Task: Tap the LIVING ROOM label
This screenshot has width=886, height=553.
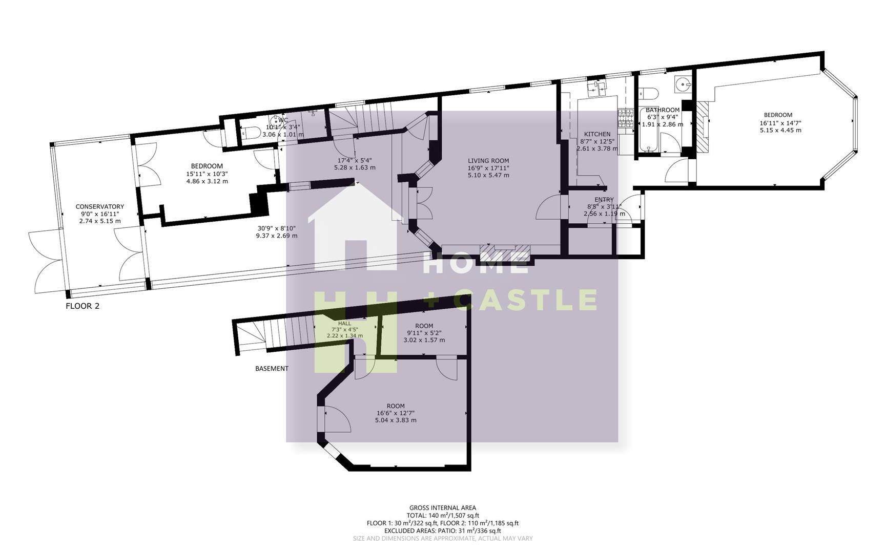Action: tap(488, 161)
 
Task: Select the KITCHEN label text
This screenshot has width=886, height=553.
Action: tap(597, 134)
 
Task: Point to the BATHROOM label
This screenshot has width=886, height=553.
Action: tap(662, 110)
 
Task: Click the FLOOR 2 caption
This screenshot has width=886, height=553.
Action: tap(83, 306)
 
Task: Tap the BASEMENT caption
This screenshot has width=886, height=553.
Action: tap(272, 369)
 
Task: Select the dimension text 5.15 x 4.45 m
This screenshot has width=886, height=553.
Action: tap(780, 130)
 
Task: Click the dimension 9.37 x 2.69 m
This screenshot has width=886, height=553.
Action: tap(277, 236)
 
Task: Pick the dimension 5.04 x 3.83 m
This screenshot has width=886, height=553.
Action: tap(395, 420)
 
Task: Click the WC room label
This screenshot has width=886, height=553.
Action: tap(283, 120)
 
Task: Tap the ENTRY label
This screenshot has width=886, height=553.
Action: tap(604, 200)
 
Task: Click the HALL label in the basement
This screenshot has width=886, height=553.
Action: tap(344, 324)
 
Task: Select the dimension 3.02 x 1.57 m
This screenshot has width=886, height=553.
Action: tap(424, 340)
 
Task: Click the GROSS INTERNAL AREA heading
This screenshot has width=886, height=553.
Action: tap(442, 508)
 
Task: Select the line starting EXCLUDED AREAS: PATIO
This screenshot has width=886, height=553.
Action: tap(442, 531)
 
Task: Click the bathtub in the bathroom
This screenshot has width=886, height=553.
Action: tap(646, 130)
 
